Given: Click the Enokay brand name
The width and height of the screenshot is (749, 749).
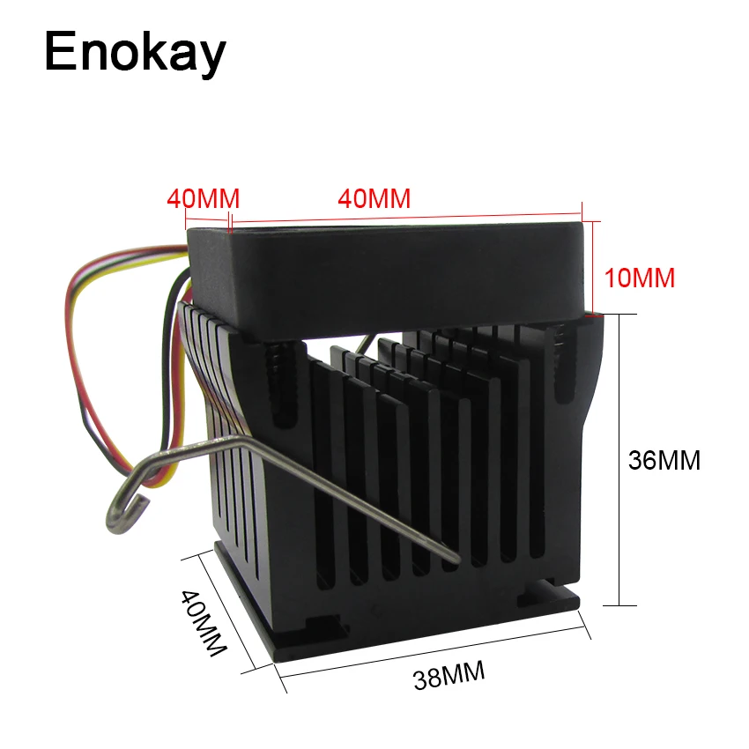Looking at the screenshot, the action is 135,53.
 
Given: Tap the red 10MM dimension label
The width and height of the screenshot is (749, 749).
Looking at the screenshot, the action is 640,278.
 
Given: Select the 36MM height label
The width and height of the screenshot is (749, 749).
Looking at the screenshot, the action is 664,460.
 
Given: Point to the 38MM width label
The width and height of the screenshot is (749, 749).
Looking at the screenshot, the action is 449,675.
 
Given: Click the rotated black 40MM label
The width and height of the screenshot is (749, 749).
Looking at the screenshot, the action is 203,622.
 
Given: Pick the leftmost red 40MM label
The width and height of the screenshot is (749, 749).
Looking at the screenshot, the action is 203,199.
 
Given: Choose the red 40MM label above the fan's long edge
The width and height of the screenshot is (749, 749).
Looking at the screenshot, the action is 374,198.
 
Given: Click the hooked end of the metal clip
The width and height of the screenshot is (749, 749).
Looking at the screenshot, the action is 125,514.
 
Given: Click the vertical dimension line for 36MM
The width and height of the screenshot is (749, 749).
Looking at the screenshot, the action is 619,460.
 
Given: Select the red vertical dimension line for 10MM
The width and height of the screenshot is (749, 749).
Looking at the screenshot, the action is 593,269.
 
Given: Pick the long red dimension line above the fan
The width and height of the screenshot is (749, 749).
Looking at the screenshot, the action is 406,218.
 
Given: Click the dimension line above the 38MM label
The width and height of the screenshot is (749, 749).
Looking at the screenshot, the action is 433,651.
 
